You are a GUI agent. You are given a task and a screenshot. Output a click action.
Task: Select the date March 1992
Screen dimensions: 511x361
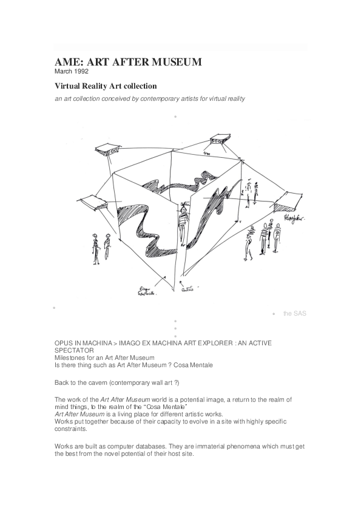tap(71, 72)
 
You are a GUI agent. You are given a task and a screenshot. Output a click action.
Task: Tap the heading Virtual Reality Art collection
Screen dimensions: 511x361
tap(106, 86)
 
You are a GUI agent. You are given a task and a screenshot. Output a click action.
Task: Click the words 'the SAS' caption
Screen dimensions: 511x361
tap(295, 313)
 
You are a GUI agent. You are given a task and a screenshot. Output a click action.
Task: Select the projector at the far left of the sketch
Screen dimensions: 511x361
tap(89, 201)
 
